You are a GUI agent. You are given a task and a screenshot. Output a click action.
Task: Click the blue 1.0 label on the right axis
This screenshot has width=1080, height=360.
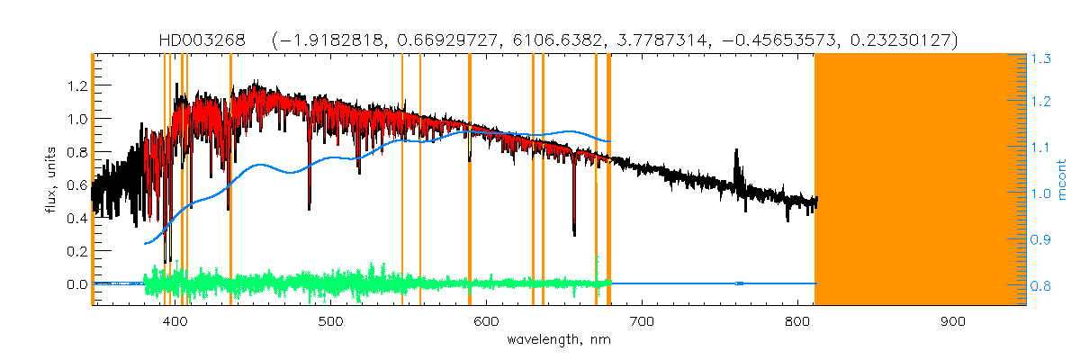(1041, 193)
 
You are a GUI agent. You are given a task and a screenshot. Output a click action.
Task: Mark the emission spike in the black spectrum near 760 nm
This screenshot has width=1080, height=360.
(738, 153)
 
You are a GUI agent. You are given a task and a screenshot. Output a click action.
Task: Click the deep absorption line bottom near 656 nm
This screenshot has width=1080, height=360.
(574, 234)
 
